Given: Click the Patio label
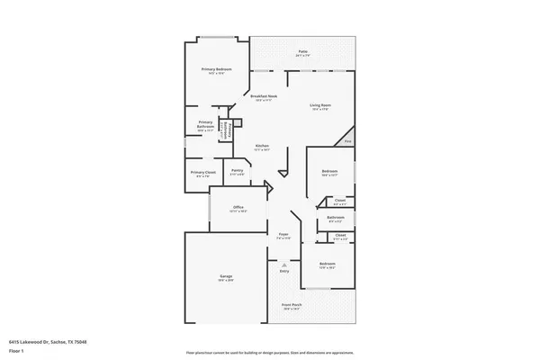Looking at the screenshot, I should click(x=302, y=52).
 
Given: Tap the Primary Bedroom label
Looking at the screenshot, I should click(x=217, y=69).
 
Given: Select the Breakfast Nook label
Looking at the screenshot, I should click(x=264, y=96).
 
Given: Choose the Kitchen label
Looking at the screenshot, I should click(x=263, y=146).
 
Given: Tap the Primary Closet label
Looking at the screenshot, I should click(x=203, y=172).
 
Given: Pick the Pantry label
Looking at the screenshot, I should click(x=237, y=170).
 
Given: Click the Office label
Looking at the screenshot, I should click(x=238, y=208).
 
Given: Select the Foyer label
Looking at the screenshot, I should click(x=283, y=236).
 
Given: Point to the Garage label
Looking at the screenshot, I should click(x=226, y=275).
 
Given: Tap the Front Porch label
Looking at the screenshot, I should click(x=291, y=305).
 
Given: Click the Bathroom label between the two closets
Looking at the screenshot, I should click(x=337, y=217).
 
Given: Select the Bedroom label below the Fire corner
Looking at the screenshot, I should click(x=329, y=171).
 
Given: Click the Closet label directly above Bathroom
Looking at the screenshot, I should click(x=340, y=201).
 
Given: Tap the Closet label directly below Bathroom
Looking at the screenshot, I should click(x=340, y=235).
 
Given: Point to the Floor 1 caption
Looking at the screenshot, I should click(x=16, y=351).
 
